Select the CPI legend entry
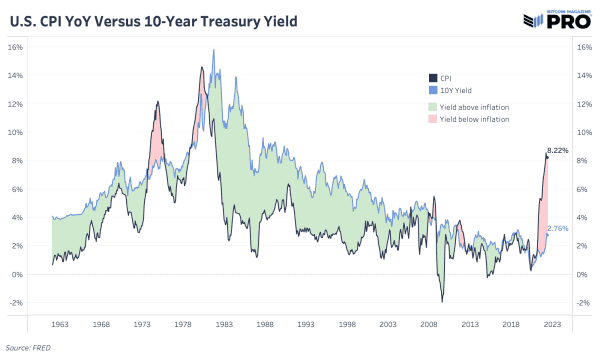[446, 77]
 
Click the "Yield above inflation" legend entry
[469, 105]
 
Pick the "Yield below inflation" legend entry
[469, 119]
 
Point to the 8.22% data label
[557, 150]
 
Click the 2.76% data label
[558, 229]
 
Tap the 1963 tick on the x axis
[60, 325]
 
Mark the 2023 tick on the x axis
[552, 325]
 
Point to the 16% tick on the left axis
[17, 47]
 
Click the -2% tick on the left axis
[17, 302]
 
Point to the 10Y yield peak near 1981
[213, 50]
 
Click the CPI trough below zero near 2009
[441, 301]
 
